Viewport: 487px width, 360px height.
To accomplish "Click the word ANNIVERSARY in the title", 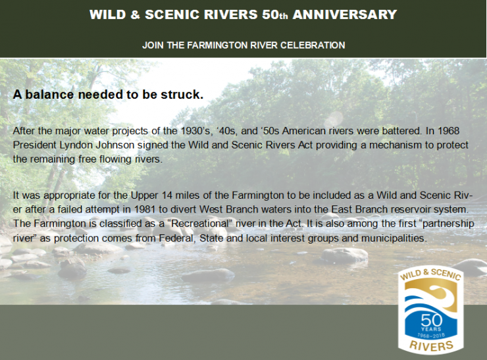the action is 345,14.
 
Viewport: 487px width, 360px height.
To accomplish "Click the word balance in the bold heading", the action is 50,94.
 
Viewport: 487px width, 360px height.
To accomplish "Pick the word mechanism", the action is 394,145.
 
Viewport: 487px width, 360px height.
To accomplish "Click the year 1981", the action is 145,209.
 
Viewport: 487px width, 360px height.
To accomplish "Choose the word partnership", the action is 448,224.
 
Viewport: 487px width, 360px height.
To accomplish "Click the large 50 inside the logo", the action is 431,320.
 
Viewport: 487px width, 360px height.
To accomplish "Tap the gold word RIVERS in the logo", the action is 431,346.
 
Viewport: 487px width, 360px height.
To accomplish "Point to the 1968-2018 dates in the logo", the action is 431,335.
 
